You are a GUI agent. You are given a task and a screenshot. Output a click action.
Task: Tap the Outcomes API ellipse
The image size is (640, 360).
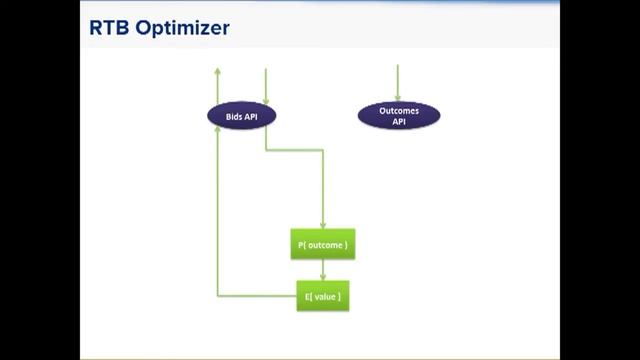tap(398, 116)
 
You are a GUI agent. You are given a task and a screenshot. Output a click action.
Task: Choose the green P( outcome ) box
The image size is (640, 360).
tap(322, 245)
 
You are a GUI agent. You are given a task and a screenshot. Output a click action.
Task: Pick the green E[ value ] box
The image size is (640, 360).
tap(322, 296)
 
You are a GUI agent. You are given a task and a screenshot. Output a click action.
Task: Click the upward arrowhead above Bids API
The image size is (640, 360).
tap(218, 71)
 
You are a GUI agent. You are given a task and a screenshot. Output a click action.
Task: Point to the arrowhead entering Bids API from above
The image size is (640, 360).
tap(265, 95)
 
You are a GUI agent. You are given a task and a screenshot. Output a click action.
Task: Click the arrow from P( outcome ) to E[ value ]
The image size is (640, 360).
tap(322, 270)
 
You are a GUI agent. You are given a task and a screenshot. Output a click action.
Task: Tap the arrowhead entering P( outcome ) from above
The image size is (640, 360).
tap(322, 226)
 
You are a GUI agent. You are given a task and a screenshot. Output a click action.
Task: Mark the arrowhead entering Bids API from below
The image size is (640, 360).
tap(218, 135)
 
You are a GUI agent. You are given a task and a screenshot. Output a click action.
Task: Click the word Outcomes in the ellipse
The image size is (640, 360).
tap(398, 111)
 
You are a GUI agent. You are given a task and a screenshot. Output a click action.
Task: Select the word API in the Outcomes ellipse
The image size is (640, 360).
tap(398, 122)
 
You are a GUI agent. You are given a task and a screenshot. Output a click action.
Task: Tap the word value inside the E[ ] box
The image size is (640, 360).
tap(326, 297)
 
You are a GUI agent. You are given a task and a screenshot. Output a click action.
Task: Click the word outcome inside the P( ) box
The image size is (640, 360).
tap(326, 245)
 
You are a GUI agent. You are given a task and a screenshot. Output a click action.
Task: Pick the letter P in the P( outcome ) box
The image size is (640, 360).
tap(303, 245)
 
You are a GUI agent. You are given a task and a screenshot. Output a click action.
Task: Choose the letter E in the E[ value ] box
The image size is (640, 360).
tap(306, 297)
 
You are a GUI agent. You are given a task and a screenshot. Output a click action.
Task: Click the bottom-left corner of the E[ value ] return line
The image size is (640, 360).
tap(218, 296)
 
